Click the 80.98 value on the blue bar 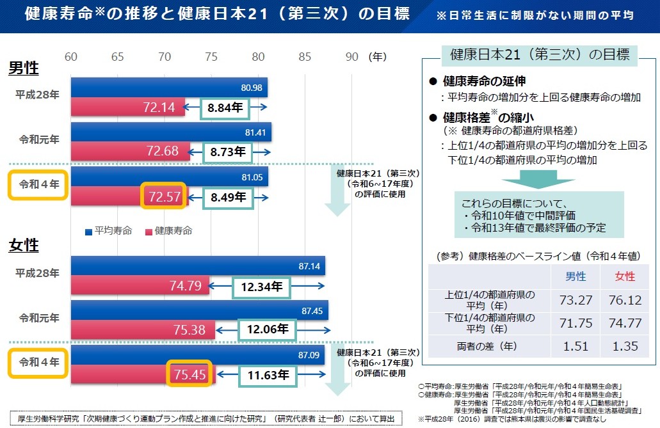(252, 87)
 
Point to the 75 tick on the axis (212, 57)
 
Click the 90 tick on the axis (352, 57)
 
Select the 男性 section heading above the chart (24, 68)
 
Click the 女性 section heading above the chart (24, 245)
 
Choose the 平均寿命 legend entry (109, 231)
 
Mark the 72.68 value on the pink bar (163, 152)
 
